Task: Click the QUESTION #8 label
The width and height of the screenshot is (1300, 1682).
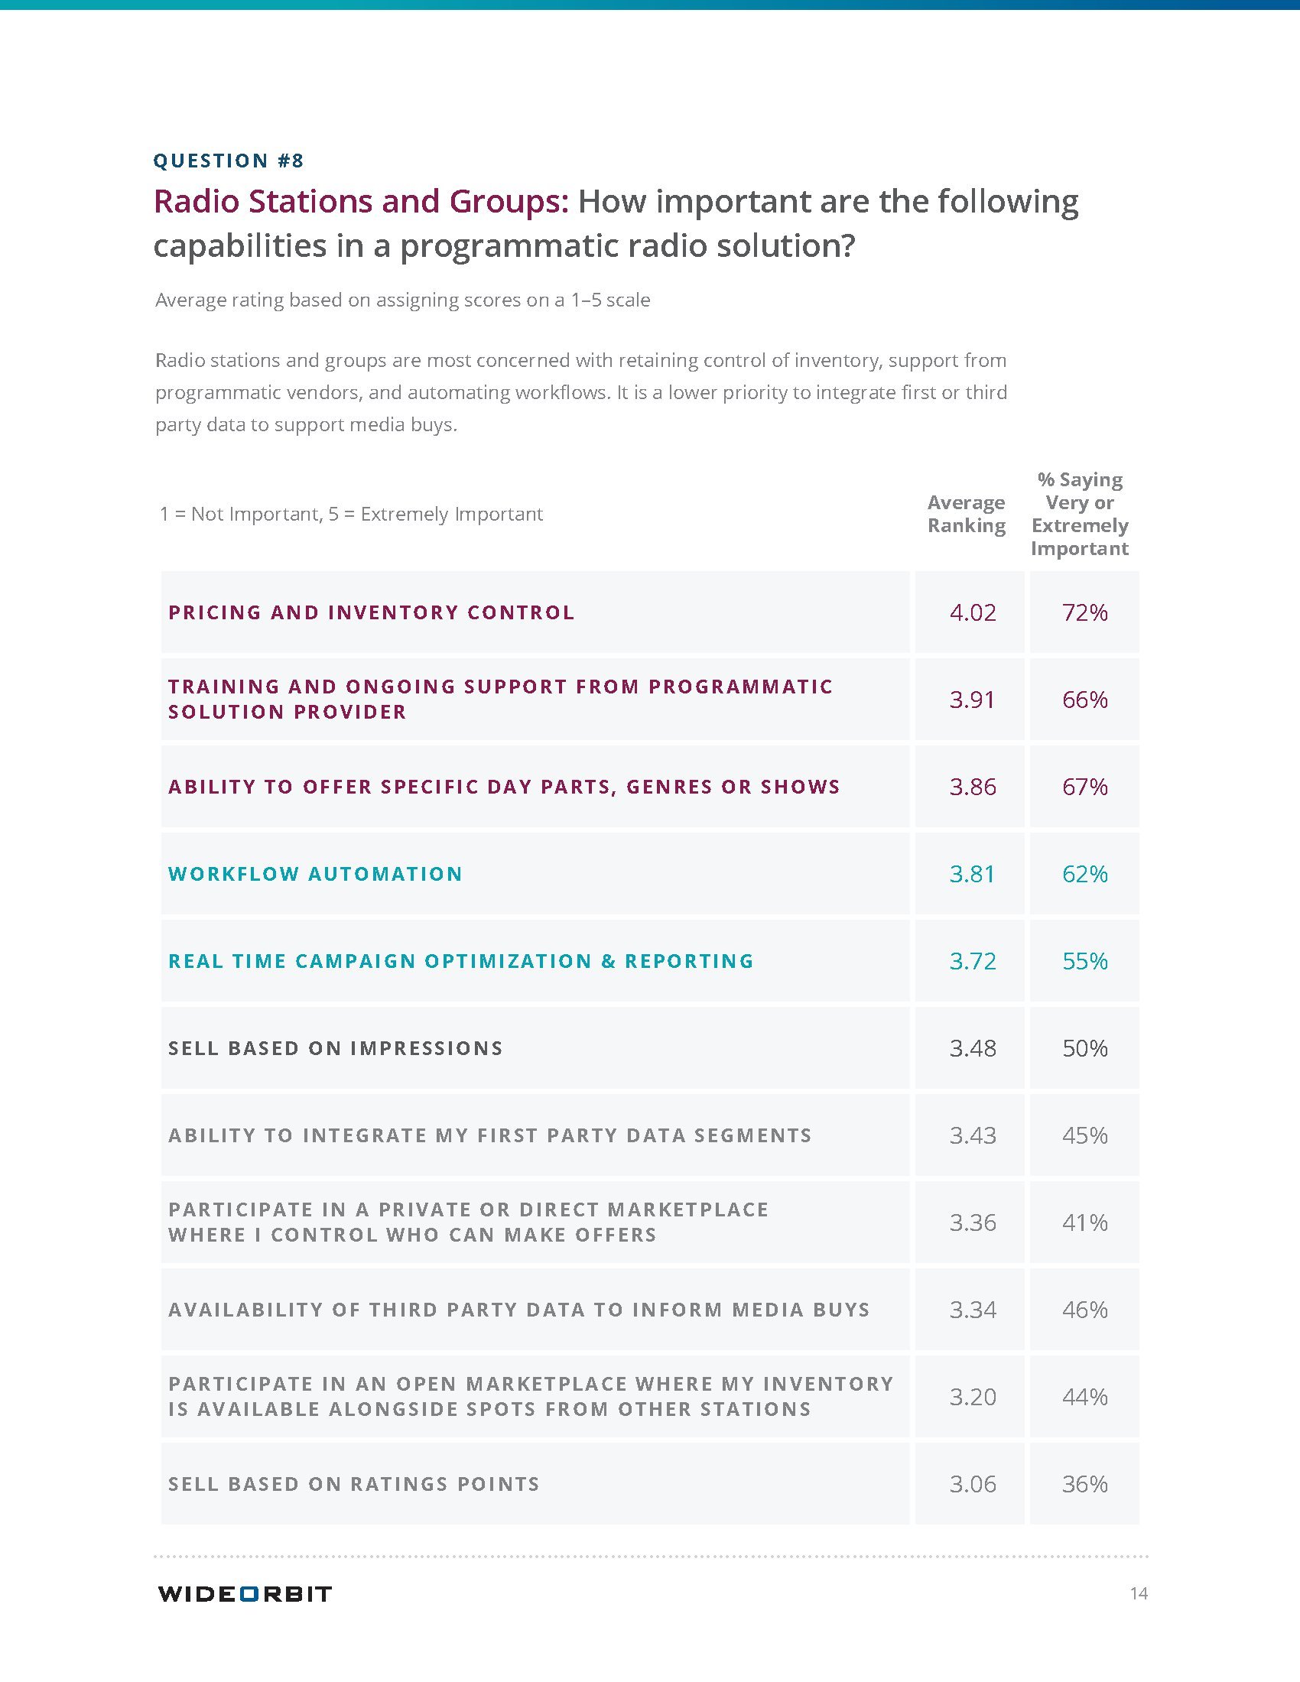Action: [x=229, y=161]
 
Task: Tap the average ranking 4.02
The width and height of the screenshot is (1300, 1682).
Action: [x=972, y=612]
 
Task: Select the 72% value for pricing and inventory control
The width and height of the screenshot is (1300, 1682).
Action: [x=1084, y=612]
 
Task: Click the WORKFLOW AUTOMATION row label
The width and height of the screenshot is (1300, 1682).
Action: [x=315, y=874]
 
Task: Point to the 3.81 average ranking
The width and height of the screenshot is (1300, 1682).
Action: [x=972, y=874]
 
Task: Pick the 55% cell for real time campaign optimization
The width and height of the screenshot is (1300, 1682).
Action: [x=1084, y=961]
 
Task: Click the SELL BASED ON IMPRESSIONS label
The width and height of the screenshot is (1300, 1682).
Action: [x=335, y=1048]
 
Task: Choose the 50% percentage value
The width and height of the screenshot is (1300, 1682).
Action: [x=1084, y=1048]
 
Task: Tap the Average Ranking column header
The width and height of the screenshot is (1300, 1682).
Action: [x=966, y=514]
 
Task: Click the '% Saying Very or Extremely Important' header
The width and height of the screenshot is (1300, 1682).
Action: [x=1080, y=514]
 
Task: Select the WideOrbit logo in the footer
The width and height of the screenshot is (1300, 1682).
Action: [x=244, y=1593]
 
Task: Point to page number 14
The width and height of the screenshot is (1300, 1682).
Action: [x=1139, y=1593]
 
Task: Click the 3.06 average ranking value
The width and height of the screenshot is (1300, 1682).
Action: [x=972, y=1484]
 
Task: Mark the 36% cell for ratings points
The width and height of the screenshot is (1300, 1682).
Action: [x=1084, y=1484]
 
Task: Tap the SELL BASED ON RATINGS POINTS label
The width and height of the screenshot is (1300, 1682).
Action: [x=353, y=1484]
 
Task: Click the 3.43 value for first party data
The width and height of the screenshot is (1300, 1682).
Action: [x=972, y=1135]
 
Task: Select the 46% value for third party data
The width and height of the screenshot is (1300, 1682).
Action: [x=1084, y=1309]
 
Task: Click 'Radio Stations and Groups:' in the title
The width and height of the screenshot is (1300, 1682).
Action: [x=360, y=201]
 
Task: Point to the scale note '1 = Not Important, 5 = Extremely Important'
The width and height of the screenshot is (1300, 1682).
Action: [x=351, y=514]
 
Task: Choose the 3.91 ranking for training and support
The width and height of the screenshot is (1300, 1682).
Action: [x=972, y=700]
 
